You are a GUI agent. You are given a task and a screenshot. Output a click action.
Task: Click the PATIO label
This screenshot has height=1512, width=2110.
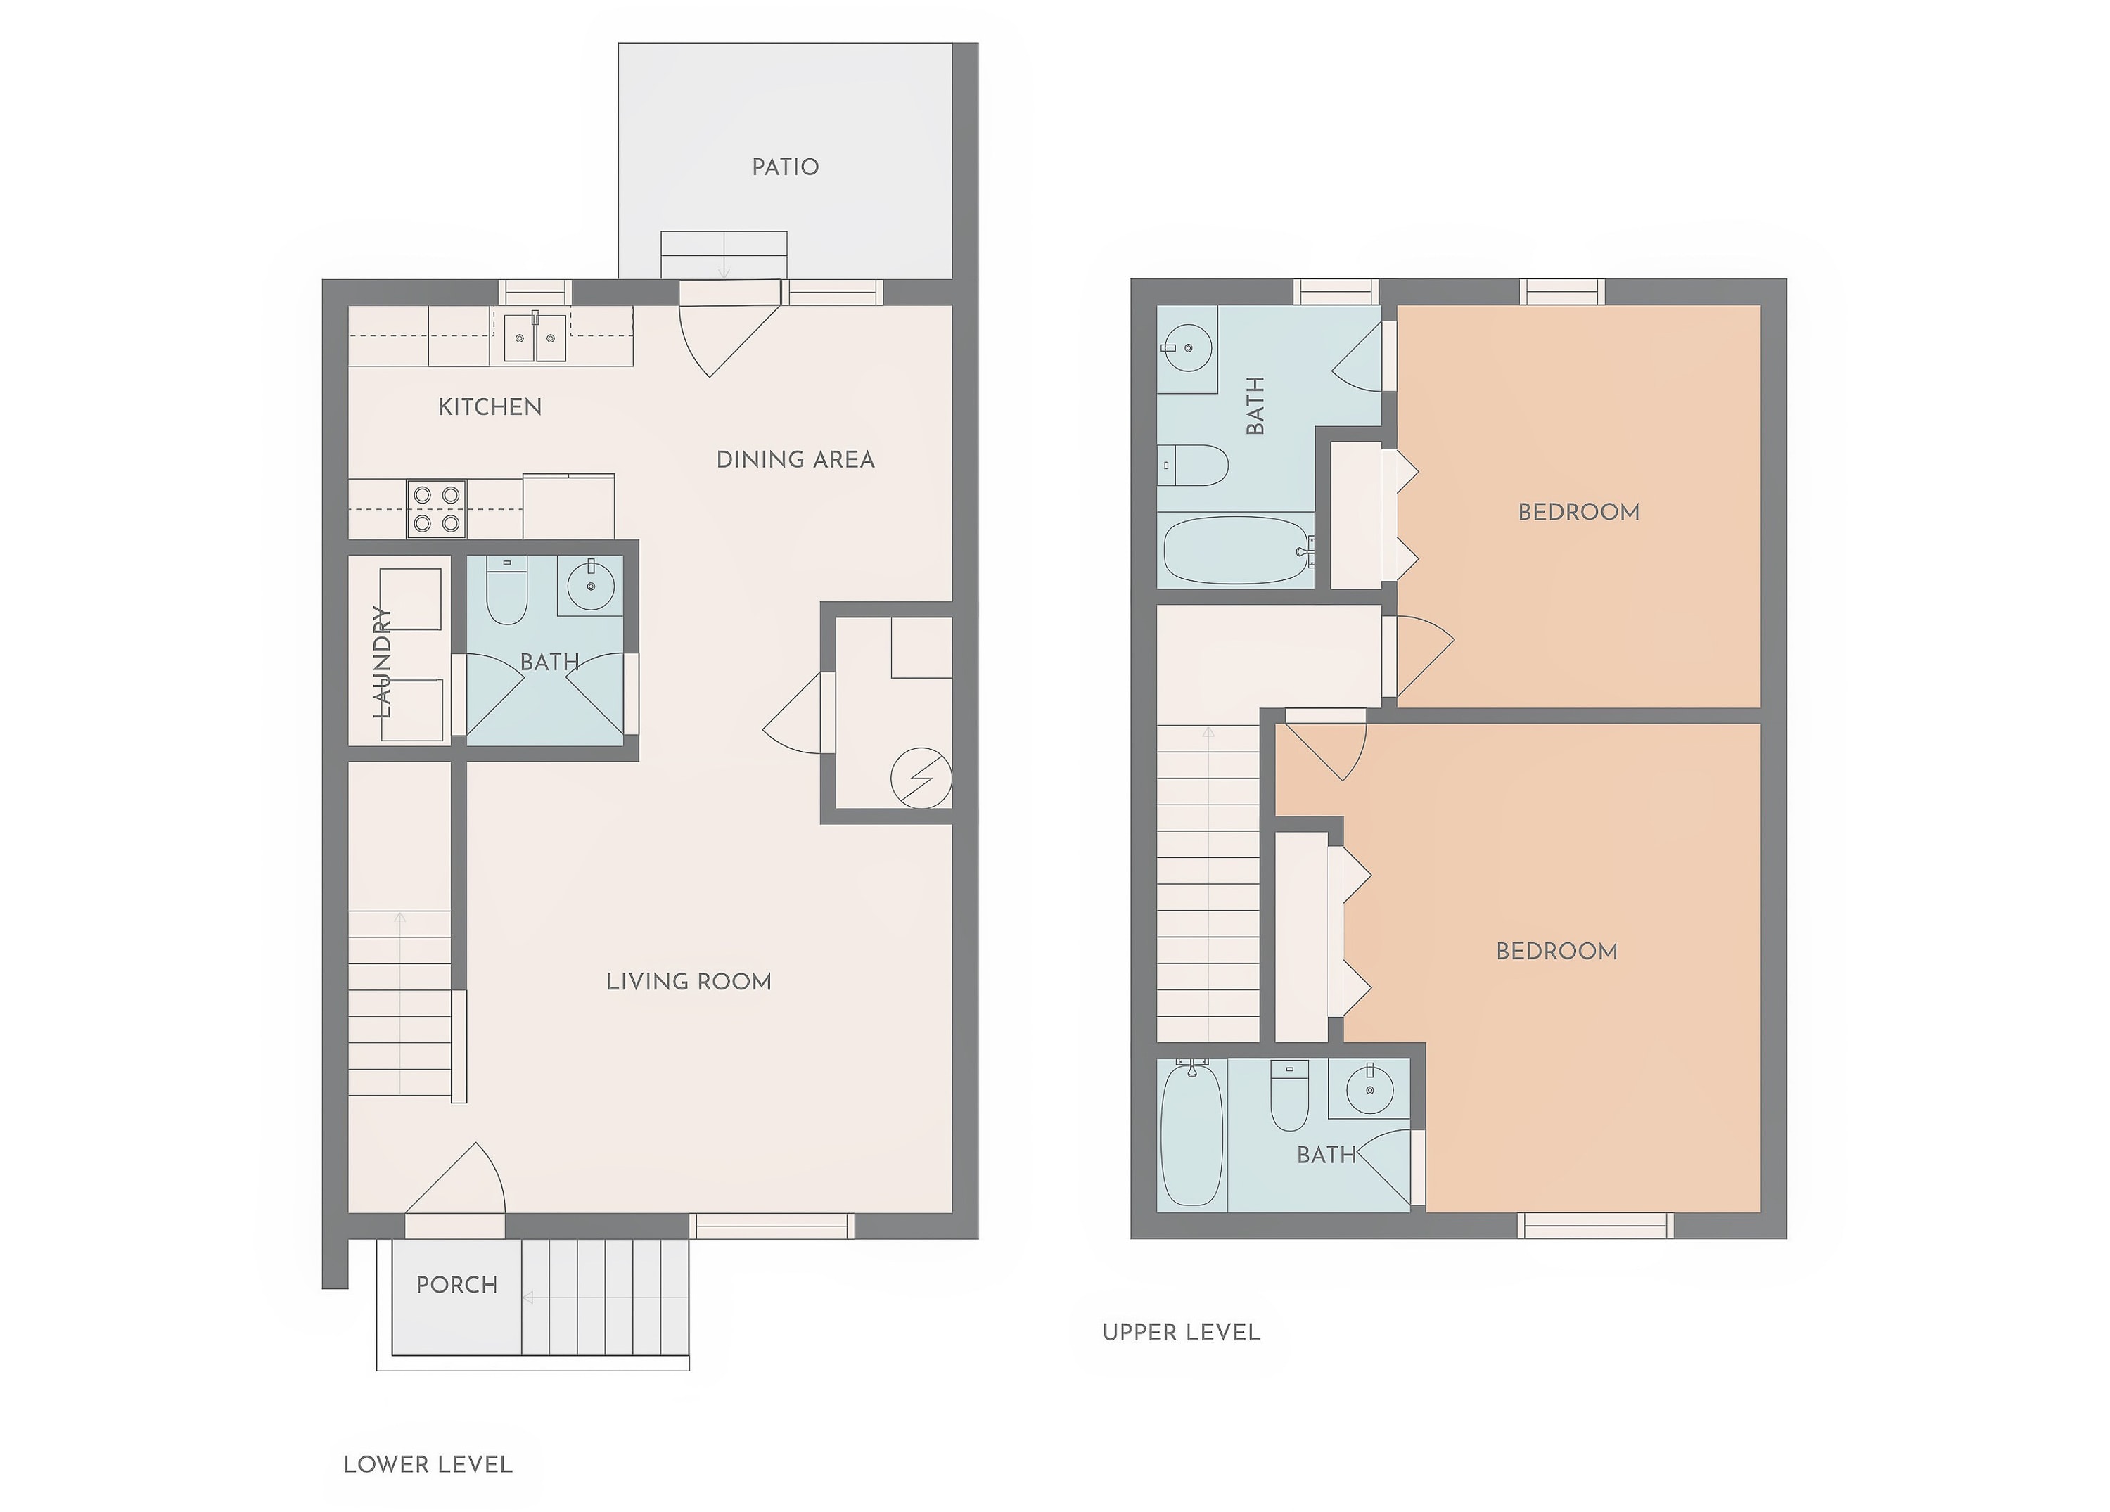click(785, 167)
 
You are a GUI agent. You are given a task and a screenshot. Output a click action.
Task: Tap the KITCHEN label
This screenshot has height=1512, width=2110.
click(490, 406)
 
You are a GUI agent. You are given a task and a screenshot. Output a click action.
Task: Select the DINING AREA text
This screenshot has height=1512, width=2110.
click(795, 460)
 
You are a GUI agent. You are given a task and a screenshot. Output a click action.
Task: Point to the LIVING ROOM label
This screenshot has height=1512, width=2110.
click(689, 982)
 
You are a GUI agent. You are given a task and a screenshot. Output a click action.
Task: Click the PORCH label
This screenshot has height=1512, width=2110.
click(456, 1285)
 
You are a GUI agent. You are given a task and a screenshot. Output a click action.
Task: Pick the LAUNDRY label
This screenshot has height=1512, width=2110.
click(381, 662)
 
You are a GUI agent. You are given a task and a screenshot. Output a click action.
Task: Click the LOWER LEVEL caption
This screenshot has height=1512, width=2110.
click(428, 1465)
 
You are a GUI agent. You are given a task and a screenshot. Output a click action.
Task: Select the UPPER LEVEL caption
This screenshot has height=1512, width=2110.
click(1182, 1333)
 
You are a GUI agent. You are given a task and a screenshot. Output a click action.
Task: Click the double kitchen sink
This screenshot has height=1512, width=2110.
click(535, 337)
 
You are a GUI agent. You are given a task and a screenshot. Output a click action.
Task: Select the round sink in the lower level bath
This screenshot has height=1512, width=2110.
click(591, 587)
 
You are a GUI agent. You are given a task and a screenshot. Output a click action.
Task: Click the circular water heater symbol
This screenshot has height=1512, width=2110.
click(921, 777)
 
